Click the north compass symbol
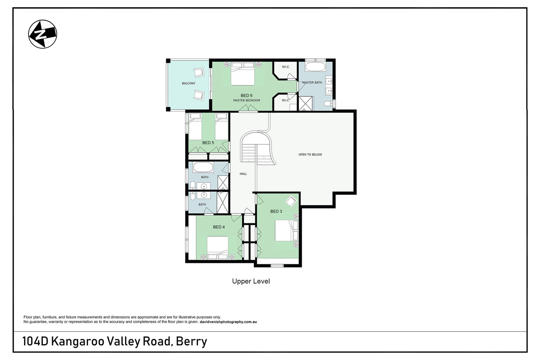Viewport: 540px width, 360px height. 42,34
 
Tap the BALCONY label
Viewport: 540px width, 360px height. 188,83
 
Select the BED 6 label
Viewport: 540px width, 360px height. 246,95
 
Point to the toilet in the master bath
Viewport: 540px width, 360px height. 328,104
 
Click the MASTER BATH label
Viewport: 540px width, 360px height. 312,82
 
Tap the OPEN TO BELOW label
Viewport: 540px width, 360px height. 310,154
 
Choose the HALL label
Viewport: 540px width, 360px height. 243,174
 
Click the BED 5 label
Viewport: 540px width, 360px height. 208,143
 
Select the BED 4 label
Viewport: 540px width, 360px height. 219,227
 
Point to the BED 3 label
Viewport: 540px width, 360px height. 276,211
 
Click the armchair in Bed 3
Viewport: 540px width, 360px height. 291,201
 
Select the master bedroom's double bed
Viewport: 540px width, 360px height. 243,74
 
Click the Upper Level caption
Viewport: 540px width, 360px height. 251,281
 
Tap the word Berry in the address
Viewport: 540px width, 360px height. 192,341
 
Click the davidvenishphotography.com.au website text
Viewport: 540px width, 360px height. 228,322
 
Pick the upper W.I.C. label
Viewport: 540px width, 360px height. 286,67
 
